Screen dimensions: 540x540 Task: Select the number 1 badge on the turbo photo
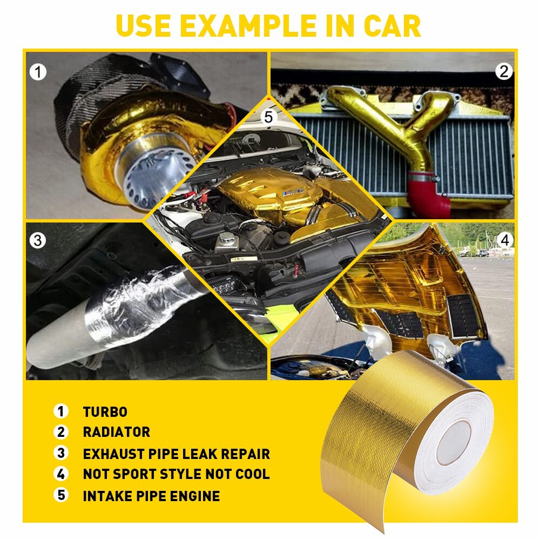coord(38,71)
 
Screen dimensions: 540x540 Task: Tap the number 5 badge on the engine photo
coord(270,117)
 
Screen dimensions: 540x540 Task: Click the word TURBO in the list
coord(105,412)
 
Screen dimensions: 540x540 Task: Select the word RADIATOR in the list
coord(117,432)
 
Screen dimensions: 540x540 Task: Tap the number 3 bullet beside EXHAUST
coord(62,454)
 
